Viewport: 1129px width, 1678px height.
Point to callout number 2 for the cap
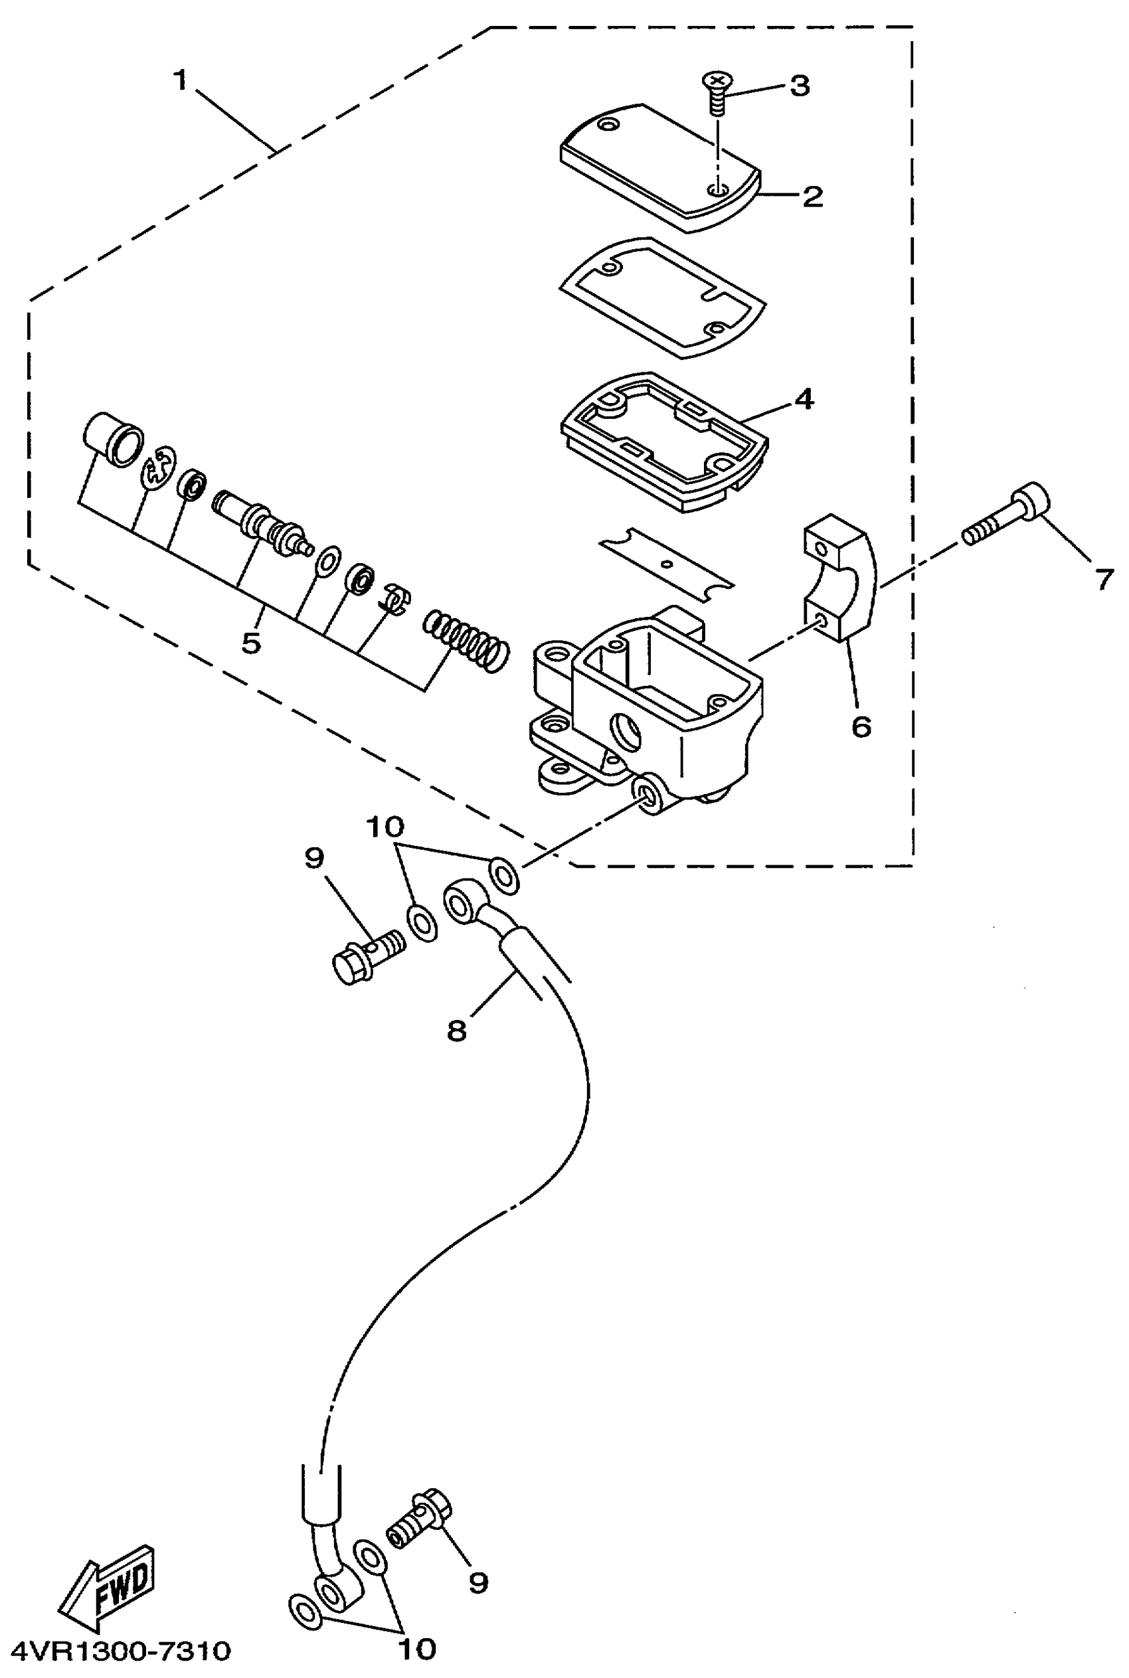[x=813, y=197]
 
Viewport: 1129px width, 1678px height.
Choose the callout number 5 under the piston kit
[x=250, y=643]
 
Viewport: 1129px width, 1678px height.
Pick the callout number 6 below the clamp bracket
[x=861, y=726]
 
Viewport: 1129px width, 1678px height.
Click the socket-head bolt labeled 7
[x=1008, y=516]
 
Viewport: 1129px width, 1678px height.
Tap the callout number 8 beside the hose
[x=456, y=1031]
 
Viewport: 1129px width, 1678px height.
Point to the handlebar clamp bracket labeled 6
[x=839, y=576]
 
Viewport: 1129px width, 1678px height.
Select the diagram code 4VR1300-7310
[x=121, y=1651]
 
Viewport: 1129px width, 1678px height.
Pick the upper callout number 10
[x=385, y=827]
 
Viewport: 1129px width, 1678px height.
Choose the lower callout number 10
[x=417, y=1649]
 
